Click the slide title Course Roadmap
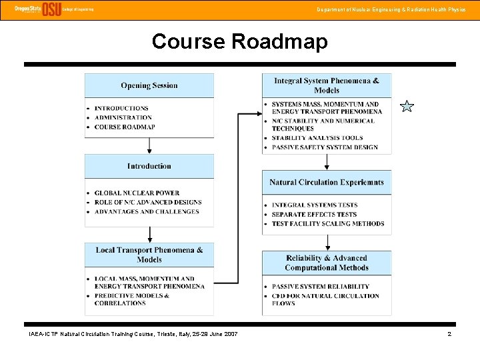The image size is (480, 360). pos(239,41)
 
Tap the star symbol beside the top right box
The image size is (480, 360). pos(407,106)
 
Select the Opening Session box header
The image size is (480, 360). pos(149,85)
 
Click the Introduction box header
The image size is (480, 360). pos(149,166)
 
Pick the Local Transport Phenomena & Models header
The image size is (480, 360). pos(149,255)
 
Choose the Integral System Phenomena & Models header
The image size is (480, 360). pos(326,85)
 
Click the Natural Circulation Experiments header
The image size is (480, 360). pos(326,182)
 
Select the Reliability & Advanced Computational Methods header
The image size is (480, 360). pos(326,263)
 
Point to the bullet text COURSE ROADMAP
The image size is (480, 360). pos(125,127)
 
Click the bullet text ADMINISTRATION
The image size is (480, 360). pos(123,117)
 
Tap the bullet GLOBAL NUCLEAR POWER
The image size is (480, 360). pos(137,193)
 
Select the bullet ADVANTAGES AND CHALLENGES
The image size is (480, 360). pos(147,211)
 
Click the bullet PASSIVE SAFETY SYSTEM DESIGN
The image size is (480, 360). pos(325,147)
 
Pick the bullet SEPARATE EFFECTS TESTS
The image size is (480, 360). pos(314,214)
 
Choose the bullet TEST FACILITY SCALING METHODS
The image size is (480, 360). pos(328,223)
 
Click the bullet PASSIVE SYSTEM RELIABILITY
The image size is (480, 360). pos(321,287)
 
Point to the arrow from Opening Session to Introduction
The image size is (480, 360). pos(149,146)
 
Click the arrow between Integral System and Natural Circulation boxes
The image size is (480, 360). pos(326,162)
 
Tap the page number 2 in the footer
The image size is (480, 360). pos(449,333)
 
